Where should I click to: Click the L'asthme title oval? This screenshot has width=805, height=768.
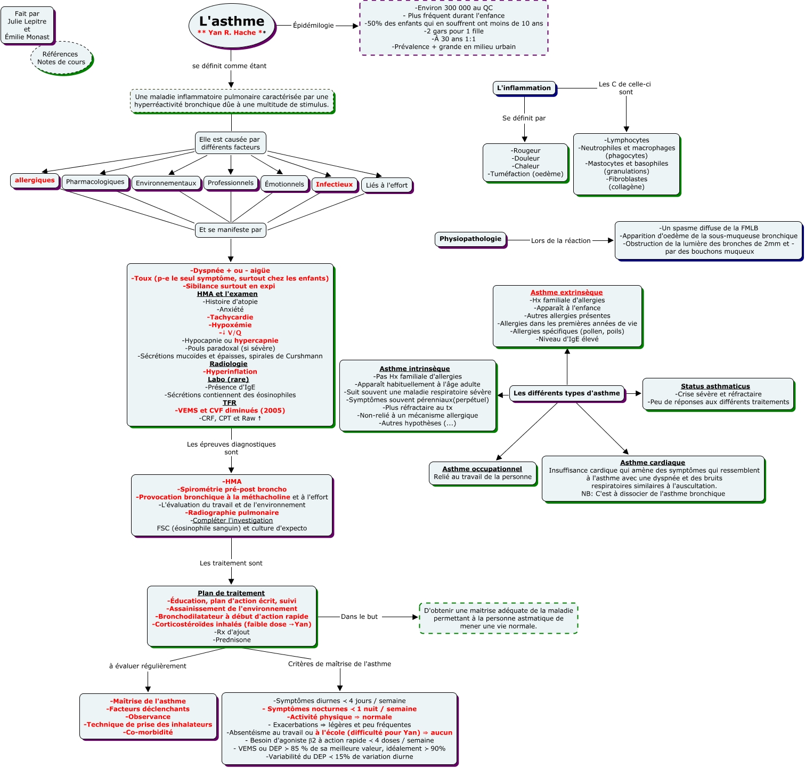232,25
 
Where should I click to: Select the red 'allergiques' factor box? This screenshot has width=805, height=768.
35,181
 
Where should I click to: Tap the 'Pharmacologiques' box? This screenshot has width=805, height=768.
95,182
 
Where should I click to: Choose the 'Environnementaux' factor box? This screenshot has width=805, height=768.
166,183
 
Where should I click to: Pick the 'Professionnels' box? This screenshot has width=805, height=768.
231,183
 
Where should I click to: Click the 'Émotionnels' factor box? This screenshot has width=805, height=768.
284,184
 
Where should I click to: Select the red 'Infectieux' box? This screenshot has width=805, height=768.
334,185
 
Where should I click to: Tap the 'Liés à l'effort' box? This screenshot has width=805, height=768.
387,185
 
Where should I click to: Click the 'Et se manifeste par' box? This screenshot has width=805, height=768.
231,230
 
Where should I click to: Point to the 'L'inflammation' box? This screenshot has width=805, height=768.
524,88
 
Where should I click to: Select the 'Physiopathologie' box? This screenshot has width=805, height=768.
470,239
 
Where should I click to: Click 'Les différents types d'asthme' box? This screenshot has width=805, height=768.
567,393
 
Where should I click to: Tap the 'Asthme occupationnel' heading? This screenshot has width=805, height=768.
482,469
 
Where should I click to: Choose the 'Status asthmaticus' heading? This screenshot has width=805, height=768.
715,386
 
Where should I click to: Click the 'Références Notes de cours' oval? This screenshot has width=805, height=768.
61,58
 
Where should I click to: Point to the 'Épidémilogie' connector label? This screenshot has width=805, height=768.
313,26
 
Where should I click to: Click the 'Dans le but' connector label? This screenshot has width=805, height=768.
359,617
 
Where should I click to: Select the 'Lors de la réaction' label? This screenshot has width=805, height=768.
560,241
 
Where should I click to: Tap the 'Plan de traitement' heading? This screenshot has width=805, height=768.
231,593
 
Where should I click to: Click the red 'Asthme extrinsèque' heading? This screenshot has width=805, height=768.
566,293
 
